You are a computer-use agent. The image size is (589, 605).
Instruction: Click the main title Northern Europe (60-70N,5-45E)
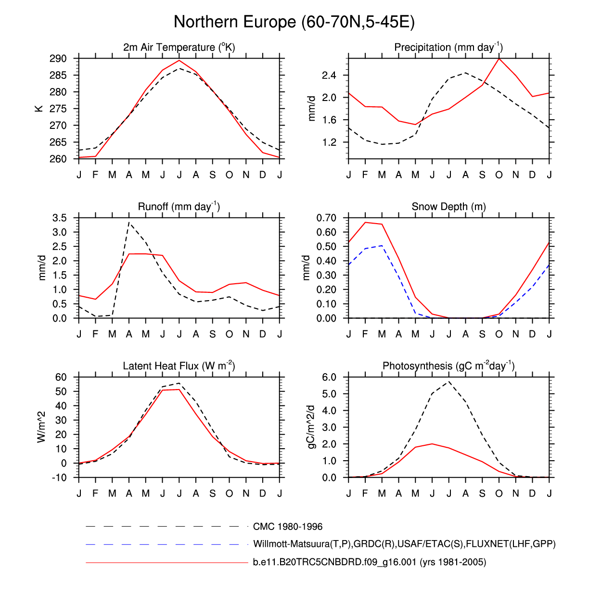pyautogui.click(x=294, y=22)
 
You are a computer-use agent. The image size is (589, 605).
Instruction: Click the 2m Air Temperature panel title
pyautogui.click(x=179, y=47)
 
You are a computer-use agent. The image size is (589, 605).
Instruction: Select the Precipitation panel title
pyautogui.click(x=448, y=47)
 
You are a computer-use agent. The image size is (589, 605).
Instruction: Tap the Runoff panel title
pyautogui.click(x=179, y=206)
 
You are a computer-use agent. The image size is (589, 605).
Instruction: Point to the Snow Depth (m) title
pyautogui.click(x=448, y=207)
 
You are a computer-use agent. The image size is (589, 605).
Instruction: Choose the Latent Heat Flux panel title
pyautogui.click(x=179, y=366)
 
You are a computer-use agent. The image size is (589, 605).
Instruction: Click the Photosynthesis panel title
pyautogui.click(x=448, y=366)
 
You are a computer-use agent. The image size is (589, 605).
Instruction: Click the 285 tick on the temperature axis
pyautogui.click(x=58, y=76)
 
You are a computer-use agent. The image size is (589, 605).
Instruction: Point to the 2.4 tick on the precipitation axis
pyautogui.click(x=329, y=76)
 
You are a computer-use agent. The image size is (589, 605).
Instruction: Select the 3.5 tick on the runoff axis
pyautogui.click(x=60, y=218)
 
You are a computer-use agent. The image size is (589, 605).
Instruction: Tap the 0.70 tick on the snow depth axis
pyautogui.click(x=326, y=218)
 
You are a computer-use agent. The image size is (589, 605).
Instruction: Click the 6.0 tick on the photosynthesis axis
pyautogui.click(x=329, y=377)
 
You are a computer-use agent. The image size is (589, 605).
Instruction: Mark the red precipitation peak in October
pyautogui.click(x=499, y=59)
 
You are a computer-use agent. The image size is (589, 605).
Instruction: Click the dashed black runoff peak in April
pyautogui.click(x=129, y=222)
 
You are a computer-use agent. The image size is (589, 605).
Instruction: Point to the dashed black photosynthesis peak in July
pyautogui.click(x=449, y=381)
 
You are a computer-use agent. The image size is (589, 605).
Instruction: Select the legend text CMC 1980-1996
pyautogui.click(x=288, y=527)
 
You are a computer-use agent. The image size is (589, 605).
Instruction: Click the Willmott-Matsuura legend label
pyautogui.click(x=404, y=544)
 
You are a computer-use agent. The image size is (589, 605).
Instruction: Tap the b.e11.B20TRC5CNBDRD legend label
pyautogui.click(x=370, y=562)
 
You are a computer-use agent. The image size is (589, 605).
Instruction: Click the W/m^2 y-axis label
pyautogui.click(x=41, y=427)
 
